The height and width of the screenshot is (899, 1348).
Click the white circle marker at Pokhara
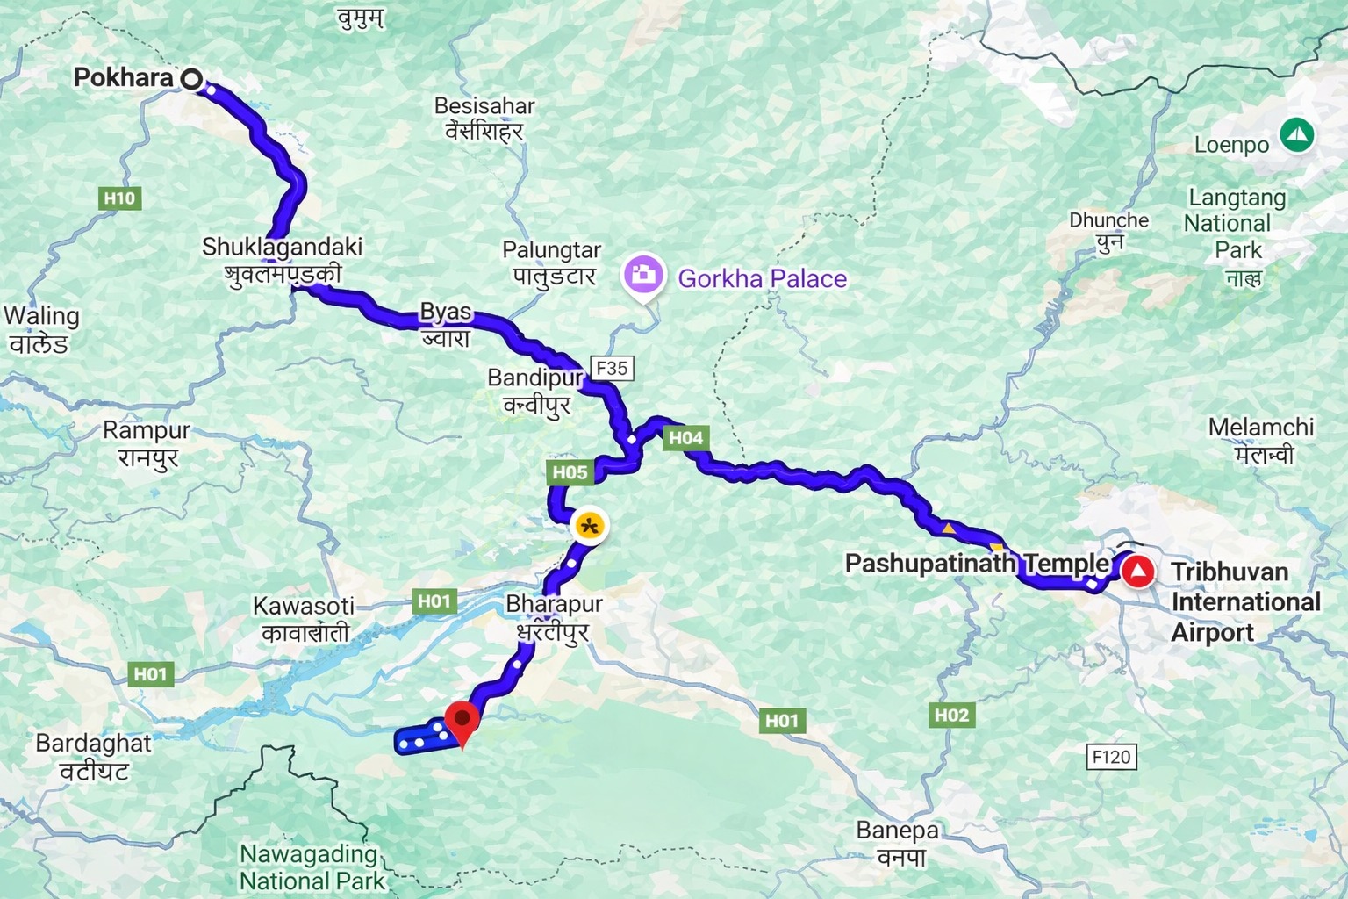point(191,79)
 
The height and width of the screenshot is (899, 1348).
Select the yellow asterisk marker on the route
point(590,527)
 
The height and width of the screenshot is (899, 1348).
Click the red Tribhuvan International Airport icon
point(1139,572)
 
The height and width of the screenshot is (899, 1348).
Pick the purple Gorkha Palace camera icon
point(644,276)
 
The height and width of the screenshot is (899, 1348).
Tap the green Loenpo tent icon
point(1296,135)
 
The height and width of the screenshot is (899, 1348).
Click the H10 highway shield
point(119,198)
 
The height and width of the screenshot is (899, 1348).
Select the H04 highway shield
point(685,437)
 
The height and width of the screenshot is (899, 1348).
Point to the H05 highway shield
point(570,472)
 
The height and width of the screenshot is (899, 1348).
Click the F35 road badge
point(612,368)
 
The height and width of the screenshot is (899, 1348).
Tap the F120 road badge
point(1112,756)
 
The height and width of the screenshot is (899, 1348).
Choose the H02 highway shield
point(951,716)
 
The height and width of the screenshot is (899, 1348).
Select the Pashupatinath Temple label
point(977,564)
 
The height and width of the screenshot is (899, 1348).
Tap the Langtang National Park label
point(1236,225)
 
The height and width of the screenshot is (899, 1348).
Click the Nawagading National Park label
point(312,867)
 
